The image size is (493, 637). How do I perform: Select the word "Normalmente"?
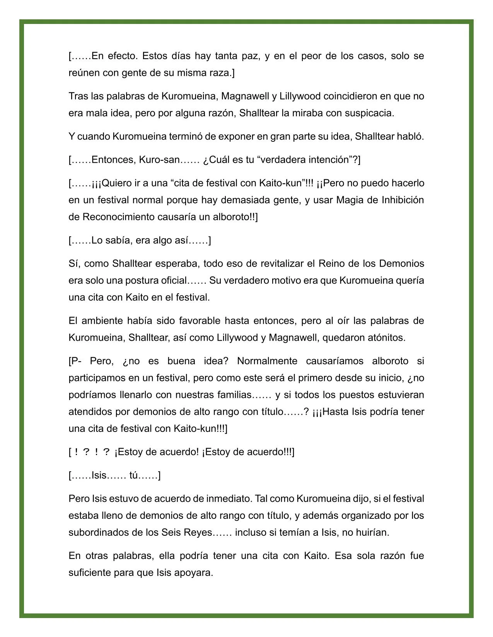coord(267,361)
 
